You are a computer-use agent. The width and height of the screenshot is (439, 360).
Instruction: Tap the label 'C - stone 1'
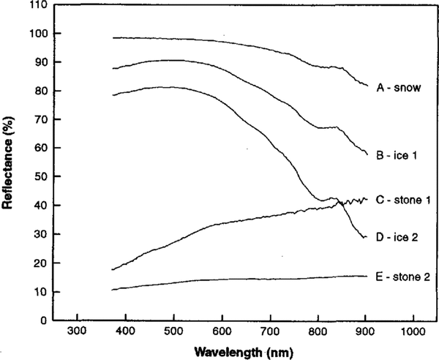coord(404,200)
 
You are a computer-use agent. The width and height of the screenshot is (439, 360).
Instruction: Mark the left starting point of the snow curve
coord(113,37)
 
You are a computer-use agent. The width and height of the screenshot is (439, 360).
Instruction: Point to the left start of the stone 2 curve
coord(112,290)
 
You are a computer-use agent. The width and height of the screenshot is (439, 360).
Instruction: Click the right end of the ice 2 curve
coord(366,237)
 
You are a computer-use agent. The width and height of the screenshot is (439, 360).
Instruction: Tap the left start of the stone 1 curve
coord(112,269)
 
